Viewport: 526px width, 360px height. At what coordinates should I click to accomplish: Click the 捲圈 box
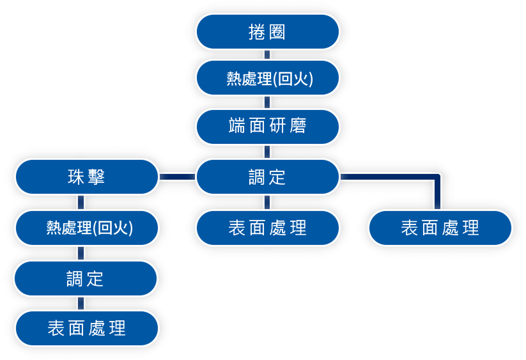pos(267,31)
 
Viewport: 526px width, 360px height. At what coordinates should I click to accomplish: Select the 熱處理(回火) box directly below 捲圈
pos(267,78)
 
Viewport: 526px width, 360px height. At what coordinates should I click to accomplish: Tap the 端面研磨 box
pos(267,126)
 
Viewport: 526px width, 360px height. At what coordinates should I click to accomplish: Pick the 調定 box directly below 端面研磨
pos(267,177)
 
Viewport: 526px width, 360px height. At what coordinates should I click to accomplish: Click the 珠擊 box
pos(86,177)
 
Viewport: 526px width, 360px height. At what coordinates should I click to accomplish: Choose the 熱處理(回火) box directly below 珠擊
pos(86,227)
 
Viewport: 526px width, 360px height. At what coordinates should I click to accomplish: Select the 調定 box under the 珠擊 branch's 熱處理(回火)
pos(86,278)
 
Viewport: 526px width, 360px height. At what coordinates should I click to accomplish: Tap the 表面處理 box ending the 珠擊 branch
pos(86,328)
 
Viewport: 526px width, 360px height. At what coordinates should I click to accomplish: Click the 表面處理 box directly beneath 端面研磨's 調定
pos(267,227)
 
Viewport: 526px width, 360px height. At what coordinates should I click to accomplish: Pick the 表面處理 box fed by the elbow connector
pos(440,227)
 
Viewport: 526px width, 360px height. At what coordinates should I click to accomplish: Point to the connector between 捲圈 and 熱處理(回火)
pos(267,55)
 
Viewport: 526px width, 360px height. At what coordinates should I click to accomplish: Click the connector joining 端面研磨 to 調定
pos(267,152)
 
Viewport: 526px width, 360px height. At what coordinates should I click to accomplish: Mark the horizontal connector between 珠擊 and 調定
pos(177,177)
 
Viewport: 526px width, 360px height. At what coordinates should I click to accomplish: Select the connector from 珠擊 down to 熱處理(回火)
pos(81,203)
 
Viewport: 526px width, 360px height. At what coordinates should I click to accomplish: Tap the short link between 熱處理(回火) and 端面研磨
pos(267,102)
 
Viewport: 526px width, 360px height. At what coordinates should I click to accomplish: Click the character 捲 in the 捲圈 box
pos(256,32)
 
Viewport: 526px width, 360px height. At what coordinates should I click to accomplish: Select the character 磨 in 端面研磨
pos(297,126)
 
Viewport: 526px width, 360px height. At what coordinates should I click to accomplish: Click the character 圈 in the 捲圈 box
pos(278,32)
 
